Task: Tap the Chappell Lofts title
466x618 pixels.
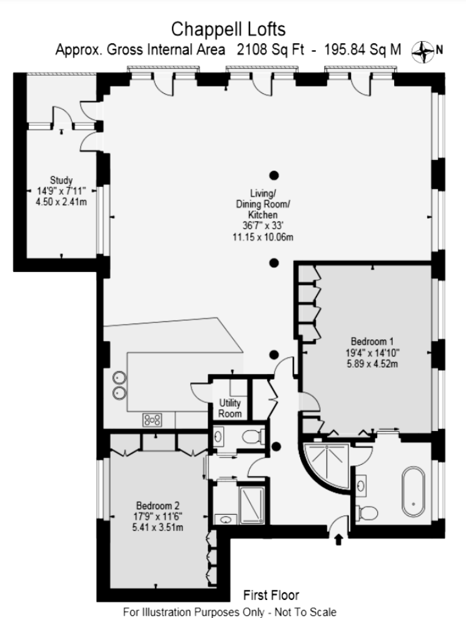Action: pos(228,29)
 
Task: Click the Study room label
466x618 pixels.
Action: pos(61,181)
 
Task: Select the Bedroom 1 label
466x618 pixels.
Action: pos(372,342)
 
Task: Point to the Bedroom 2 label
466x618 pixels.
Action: pos(158,505)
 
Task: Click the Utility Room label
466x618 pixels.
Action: pos(230,408)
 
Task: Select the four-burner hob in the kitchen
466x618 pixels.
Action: pos(152,419)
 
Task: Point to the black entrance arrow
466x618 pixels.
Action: pos(338,539)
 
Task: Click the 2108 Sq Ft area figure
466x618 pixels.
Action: pos(270,49)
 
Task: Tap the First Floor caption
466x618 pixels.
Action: pos(271,595)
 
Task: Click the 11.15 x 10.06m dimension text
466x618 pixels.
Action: pos(263,237)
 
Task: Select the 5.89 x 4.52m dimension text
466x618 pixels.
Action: pos(372,364)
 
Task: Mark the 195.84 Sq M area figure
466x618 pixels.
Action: pos(362,49)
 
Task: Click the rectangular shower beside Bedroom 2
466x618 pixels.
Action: pos(252,505)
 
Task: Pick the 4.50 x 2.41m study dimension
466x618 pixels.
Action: pos(61,202)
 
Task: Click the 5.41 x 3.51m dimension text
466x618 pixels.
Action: pos(158,527)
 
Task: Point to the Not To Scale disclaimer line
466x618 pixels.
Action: pos(230,612)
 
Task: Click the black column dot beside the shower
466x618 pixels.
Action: pos(276,447)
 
